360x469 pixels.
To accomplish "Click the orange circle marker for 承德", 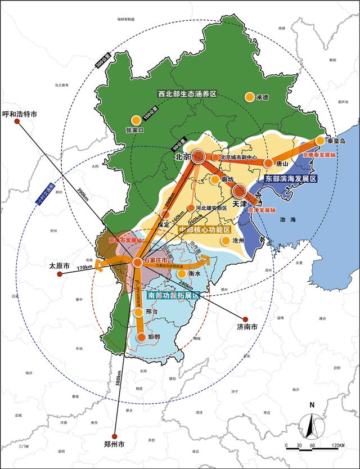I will [x=249, y=97].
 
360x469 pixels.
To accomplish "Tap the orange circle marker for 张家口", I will [x=136, y=120].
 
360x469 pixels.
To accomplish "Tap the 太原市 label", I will [x=58, y=265].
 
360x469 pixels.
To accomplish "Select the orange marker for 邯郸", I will [x=141, y=337].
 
